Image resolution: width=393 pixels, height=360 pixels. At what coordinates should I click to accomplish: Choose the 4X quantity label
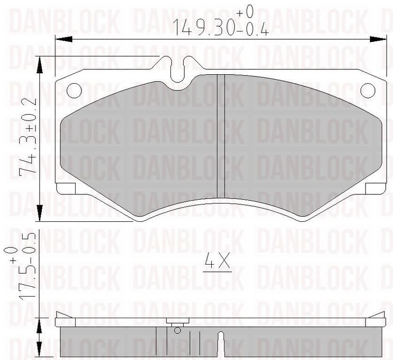pyautogui.click(x=217, y=262)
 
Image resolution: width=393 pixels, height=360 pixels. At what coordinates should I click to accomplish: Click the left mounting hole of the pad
pyautogui.click(x=74, y=90)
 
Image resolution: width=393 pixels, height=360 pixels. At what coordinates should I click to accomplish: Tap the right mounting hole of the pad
pyautogui.click(x=368, y=90)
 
